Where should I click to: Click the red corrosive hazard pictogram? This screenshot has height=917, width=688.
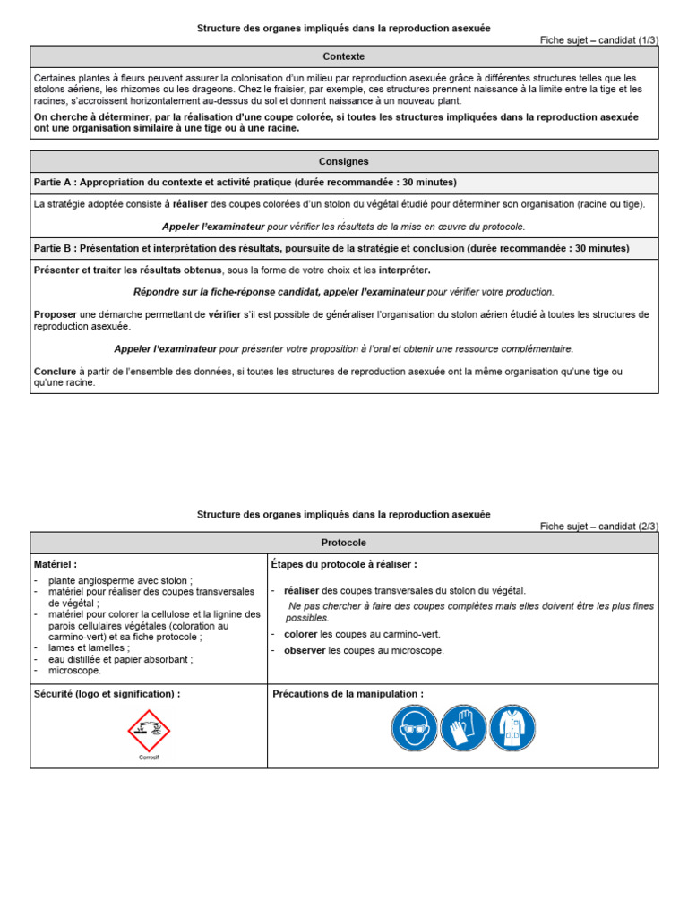[x=149, y=730]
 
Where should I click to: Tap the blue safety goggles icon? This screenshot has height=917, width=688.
[x=415, y=727]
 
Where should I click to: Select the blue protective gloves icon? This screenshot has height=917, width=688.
[x=463, y=727]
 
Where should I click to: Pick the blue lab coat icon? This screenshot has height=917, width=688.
[x=512, y=727]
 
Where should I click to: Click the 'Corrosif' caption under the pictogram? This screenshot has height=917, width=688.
[x=149, y=757]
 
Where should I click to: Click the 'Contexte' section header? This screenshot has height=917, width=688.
[x=344, y=56]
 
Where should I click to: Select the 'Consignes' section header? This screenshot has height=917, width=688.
[x=344, y=161]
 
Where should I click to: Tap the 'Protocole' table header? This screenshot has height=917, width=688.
[x=344, y=543]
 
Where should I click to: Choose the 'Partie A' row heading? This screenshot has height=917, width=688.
[x=245, y=183]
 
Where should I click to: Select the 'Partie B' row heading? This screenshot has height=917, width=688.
[x=331, y=248]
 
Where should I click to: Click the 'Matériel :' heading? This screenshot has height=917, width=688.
[x=56, y=565]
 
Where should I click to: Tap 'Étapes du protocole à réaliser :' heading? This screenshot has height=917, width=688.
[x=344, y=565]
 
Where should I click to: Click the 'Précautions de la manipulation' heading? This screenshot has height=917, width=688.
[x=348, y=694]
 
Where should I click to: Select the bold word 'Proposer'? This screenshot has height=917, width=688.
[x=56, y=314]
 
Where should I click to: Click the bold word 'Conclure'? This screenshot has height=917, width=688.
[x=56, y=372]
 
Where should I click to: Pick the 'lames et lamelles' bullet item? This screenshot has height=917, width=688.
[x=89, y=647]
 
